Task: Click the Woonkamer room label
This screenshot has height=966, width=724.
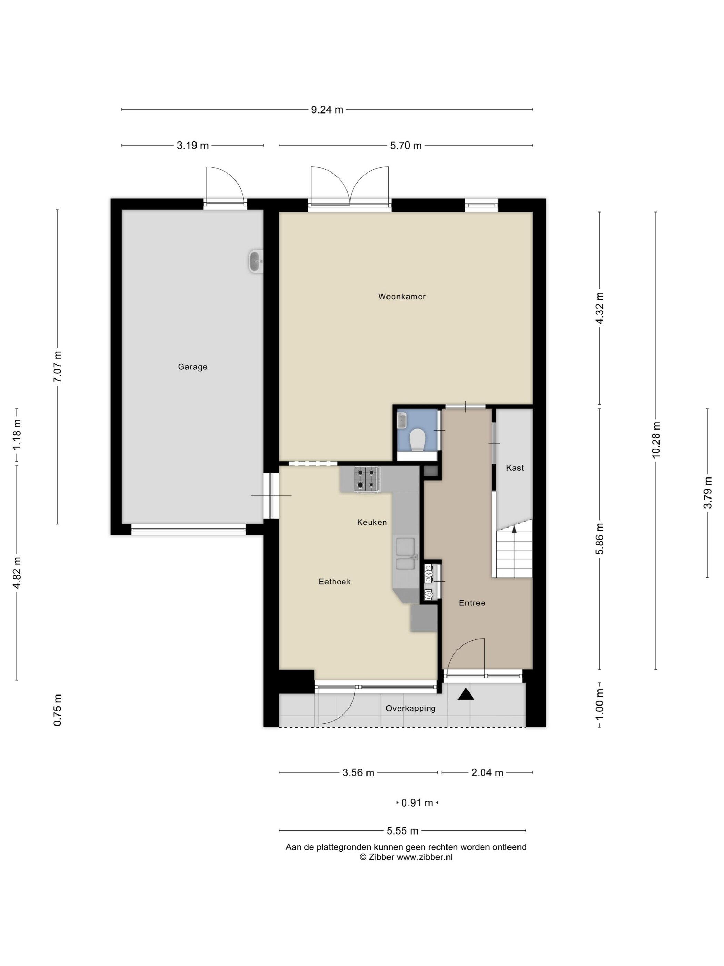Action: [402, 296]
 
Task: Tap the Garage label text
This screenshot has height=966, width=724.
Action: [192, 367]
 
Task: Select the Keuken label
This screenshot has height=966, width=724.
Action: [372, 522]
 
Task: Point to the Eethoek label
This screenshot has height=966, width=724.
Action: [334, 582]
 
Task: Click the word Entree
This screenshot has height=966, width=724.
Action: [472, 603]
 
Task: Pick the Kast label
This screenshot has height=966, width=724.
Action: [515, 468]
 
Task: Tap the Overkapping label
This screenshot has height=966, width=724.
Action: [410, 709]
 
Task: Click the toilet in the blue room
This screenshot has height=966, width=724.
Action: [418, 439]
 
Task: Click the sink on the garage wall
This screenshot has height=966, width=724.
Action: [256, 262]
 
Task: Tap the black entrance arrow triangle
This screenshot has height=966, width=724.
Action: [466, 694]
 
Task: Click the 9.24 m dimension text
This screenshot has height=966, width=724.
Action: [327, 110]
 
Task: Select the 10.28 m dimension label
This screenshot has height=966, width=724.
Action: [656, 440]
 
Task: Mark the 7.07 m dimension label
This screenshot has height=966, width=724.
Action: [57, 366]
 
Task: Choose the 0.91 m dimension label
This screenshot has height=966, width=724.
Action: [417, 803]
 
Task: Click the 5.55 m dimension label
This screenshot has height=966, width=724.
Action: [402, 831]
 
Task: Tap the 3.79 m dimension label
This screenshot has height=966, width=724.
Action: [707, 493]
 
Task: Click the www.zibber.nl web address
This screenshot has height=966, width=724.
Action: [424, 857]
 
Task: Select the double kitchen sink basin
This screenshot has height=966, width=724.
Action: [405, 554]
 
